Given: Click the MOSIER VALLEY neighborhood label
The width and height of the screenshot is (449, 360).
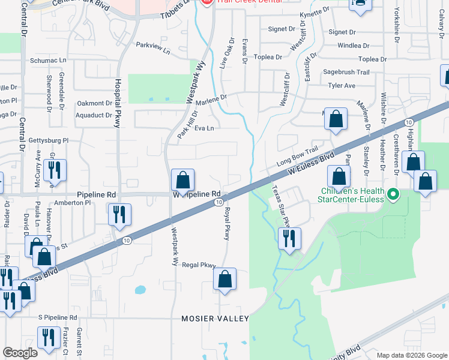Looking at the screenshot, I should point(215,319).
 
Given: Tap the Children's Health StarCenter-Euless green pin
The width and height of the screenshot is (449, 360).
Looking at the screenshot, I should point(394,194).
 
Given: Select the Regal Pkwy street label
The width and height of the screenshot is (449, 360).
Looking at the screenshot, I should point(198,265).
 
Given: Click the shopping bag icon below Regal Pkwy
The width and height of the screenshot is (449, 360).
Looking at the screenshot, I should point(224,279).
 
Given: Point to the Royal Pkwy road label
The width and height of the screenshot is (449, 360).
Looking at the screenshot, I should point(227,224).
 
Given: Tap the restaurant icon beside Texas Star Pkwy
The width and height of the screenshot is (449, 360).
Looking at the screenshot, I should point(289,239).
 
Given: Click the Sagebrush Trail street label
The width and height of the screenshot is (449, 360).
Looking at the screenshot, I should point(346,72).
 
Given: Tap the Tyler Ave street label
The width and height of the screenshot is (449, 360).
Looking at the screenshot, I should point(342,86).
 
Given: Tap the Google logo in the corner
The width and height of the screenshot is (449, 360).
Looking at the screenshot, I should point(20,353).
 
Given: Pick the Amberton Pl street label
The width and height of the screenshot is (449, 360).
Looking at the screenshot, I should point(72,203).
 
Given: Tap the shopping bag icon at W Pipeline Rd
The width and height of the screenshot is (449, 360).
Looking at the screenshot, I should point(182,180).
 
